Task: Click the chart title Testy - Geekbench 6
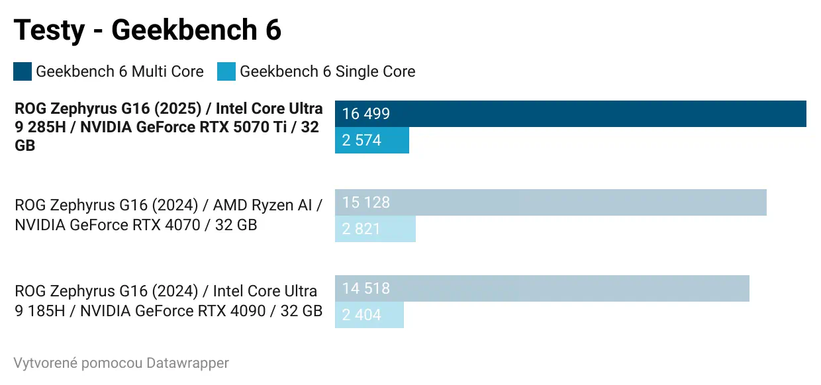pyautogui.click(x=148, y=30)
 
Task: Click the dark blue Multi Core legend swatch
pyautogui.click(x=23, y=71)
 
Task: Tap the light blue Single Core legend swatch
pyautogui.click(x=226, y=71)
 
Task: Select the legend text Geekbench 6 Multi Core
pyautogui.click(x=120, y=71)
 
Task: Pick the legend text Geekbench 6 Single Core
pyautogui.click(x=327, y=71)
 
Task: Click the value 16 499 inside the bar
pyautogui.click(x=366, y=114)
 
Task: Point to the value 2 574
pyautogui.click(x=362, y=140)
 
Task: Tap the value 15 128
pyautogui.click(x=366, y=202)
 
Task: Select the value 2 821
pyautogui.click(x=362, y=229)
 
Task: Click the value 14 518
pyautogui.click(x=366, y=288)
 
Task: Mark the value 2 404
pyautogui.click(x=362, y=315)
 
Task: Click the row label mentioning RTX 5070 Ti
pyautogui.click(x=168, y=127)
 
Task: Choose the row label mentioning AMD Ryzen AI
pyautogui.click(x=168, y=215)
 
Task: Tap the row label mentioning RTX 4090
pyautogui.click(x=168, y=301)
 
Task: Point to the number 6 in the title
pyautogui.click(x=273, y=30)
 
